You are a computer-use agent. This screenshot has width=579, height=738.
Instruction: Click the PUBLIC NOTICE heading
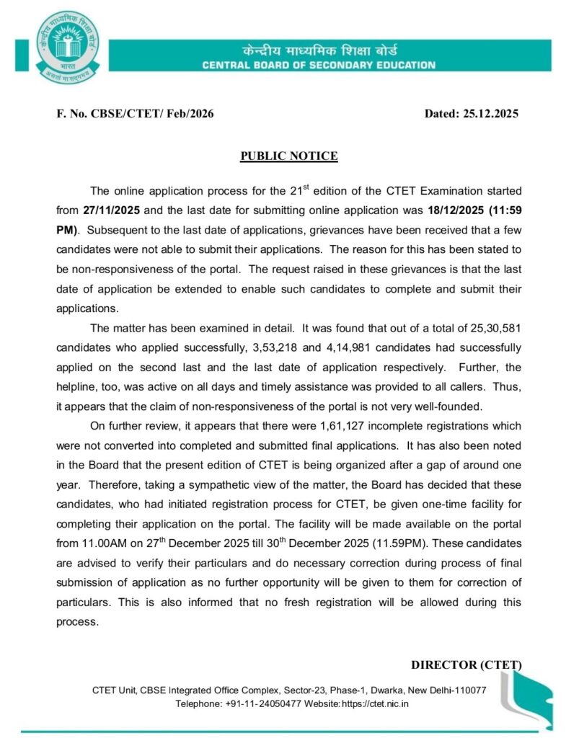(289, 156)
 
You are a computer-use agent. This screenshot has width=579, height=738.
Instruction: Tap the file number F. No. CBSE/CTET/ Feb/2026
(135, 114)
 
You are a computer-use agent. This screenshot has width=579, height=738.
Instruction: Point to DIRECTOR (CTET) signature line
(466, 664)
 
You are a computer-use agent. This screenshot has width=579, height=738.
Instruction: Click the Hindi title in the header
(319, 51)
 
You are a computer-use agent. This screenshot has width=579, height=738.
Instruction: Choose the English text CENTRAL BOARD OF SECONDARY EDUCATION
(319, 66)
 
